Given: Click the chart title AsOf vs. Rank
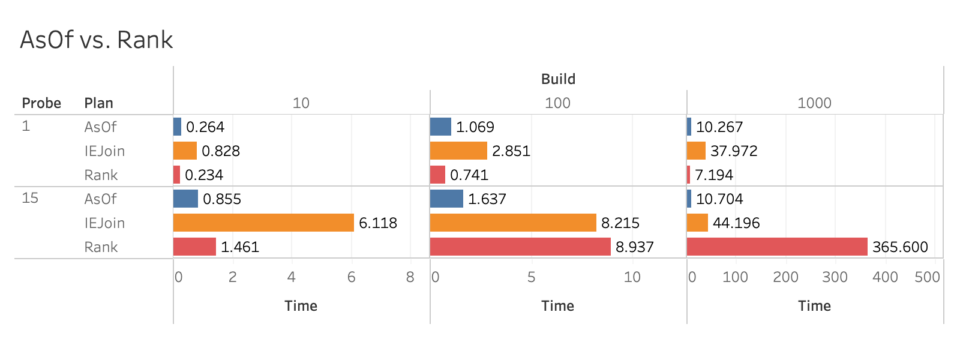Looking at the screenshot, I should pyautogui.click(x=96, y=40).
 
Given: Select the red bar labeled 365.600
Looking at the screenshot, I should pyautogui.click(x=777, y=247).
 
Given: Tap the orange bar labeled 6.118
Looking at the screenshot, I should pyautogui.click(x=263, y=223).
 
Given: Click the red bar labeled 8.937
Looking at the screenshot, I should pyautogui.click(x=520, y=247).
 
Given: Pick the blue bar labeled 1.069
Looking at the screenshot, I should pyautogui.click(x=440, y=127).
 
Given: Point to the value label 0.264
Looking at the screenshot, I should pyautogui.click(x=205, y=127).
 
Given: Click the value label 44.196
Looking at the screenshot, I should pyautogui.click(x=736, y=223).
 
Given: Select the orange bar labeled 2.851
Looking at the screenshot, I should pyautogui.click(x=458, y=151).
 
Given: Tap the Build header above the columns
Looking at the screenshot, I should pyautogui.click(x=558, y=79).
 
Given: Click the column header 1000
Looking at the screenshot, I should pyautogui.click(x=814, y=103).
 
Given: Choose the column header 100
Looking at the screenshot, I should pyautogui.click(x=557, y=103).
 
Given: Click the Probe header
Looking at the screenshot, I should pyautogui.click(x=41, y=103).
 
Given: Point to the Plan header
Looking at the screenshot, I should pyautogui.click(x=99, y=103).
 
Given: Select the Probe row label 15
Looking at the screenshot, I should pyautogui.click(x=30, y=198).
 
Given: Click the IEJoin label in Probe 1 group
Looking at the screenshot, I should pyautogui.click(x=104, y=151).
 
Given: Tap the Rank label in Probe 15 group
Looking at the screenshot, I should pyautogui.click(x=101, y=247).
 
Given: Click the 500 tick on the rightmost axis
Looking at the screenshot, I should pyautogui.click(x=927, y=277).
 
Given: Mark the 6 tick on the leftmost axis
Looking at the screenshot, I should pyautogui.click(x=351, y=277).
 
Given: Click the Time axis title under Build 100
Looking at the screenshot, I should pyautogui.click(x=557, y=306).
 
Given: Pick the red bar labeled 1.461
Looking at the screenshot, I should pyautogui.click(x=194, y=247).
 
